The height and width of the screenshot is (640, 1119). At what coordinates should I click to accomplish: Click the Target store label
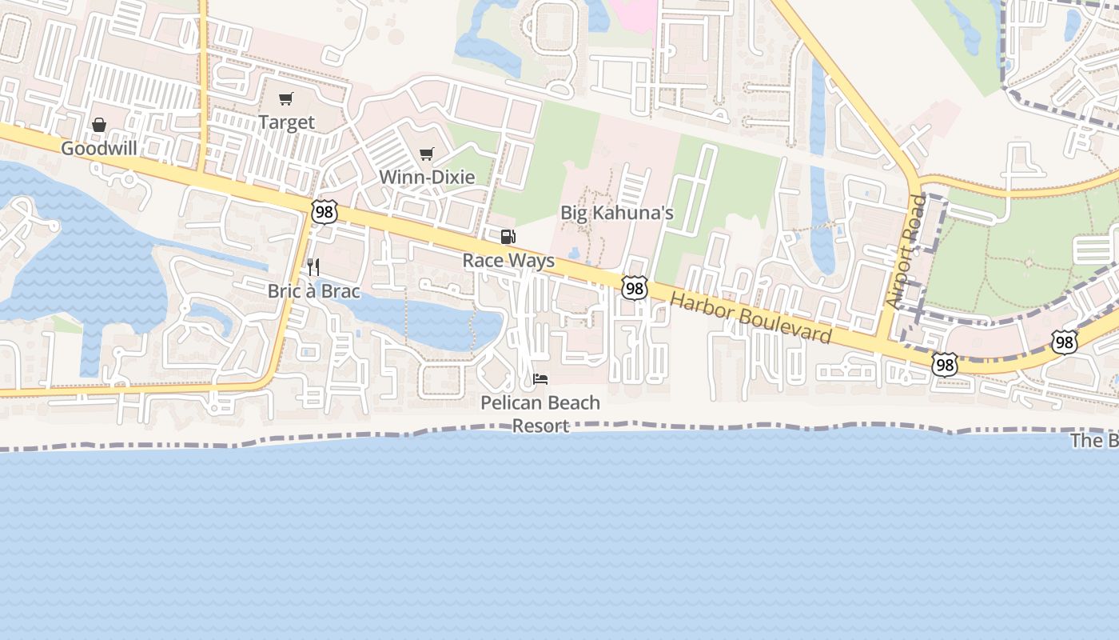point(286,122)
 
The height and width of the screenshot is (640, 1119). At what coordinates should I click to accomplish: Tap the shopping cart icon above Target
point(285,99)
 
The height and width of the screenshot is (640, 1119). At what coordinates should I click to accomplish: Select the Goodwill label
point(99,148)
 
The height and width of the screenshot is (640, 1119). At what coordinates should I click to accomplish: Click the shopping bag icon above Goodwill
point(99,125)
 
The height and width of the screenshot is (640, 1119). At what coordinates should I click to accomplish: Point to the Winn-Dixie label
point(427,177)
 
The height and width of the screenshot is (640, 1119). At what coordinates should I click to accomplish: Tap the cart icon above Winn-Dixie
point(427,154)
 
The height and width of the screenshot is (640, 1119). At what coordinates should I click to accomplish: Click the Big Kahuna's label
point(617,213)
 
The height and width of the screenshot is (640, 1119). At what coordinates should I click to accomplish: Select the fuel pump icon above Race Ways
point(508,237)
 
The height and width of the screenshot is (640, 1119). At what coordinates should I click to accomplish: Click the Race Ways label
point(508,261)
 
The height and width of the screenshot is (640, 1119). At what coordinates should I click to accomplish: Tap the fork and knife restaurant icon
point(313,267)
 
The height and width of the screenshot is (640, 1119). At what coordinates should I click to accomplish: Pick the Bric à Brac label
point(313,291)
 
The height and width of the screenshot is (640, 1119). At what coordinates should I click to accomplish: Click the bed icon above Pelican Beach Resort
point(540,378)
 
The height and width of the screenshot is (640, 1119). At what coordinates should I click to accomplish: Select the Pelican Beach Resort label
point(540,414)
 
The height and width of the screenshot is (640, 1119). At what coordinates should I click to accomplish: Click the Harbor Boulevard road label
point(751,318)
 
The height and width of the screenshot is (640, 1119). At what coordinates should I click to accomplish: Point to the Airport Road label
point(906,250)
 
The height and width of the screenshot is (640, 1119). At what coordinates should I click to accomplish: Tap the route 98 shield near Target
point(325,212)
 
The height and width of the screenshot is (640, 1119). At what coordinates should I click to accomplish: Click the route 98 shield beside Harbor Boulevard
point(634,288)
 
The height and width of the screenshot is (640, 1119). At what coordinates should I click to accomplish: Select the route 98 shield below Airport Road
point(944,365)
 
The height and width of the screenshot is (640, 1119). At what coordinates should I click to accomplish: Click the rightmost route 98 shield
point(1064,342)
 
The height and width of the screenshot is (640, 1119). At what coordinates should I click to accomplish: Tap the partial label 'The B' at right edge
point(1094,441)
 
